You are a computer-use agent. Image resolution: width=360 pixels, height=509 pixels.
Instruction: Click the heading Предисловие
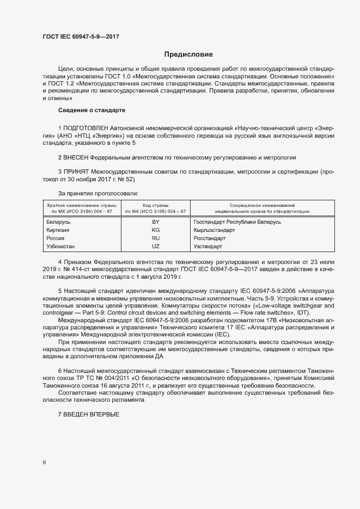click(x=188, y=54)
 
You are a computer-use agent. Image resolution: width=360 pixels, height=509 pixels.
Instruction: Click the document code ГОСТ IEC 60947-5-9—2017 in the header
click(x=81, y=36)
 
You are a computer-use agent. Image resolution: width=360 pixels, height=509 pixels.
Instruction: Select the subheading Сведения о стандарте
click(x=91, y=111)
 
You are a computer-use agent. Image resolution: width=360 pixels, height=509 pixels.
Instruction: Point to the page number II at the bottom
click(x=44, y=463)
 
